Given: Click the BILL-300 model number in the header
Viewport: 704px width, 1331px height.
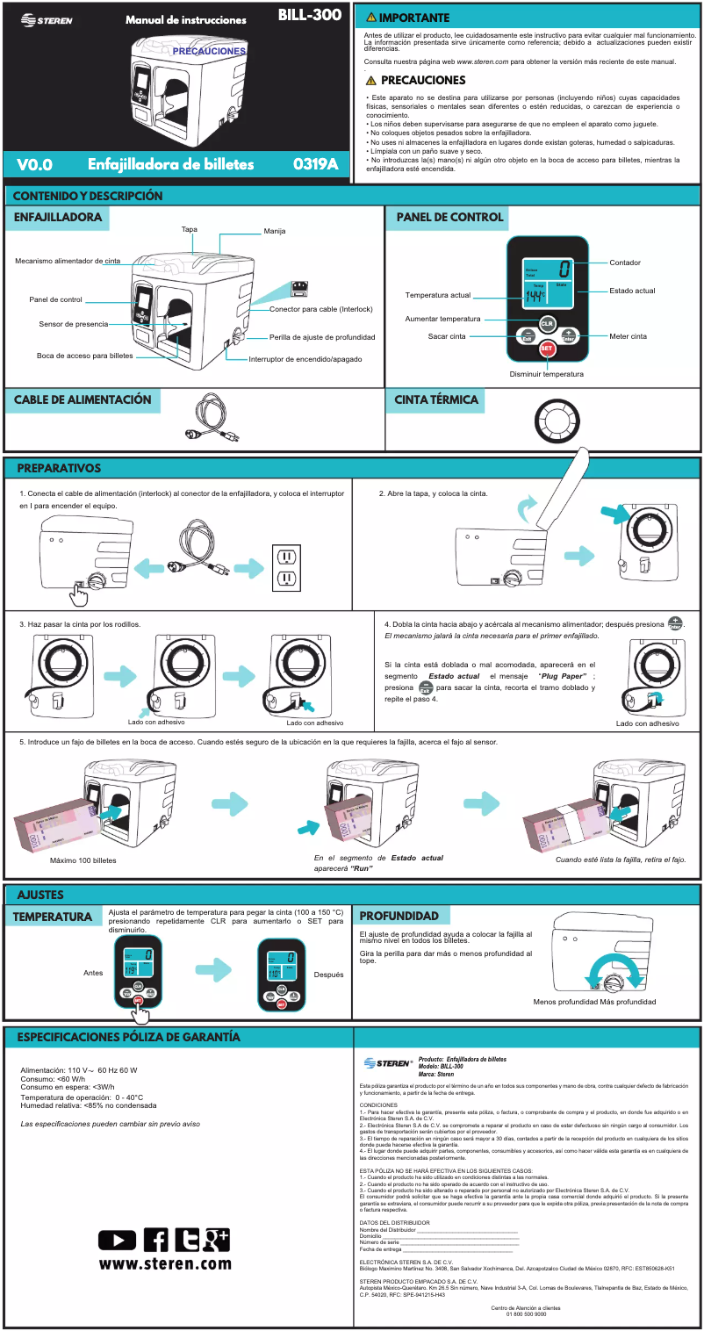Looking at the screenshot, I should point(309,16).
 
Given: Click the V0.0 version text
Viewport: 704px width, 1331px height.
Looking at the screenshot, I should point(35,165).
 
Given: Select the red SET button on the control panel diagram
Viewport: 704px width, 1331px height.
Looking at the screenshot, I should point(546,348).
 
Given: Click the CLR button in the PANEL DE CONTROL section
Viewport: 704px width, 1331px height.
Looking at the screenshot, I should point(546,323).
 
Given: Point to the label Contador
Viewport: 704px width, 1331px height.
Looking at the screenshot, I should point(625,263).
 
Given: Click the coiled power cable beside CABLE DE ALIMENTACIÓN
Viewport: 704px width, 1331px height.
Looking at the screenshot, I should point(210,416).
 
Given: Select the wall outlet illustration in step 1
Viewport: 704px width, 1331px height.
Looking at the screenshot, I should point(288,566).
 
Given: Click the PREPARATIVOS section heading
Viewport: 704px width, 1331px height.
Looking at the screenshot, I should point(59,468).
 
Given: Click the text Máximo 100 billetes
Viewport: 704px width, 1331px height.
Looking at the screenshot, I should point(83,860).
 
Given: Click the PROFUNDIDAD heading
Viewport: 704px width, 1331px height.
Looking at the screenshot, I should point(399,916).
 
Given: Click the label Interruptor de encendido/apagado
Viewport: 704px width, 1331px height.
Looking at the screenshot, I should point(305,359).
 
